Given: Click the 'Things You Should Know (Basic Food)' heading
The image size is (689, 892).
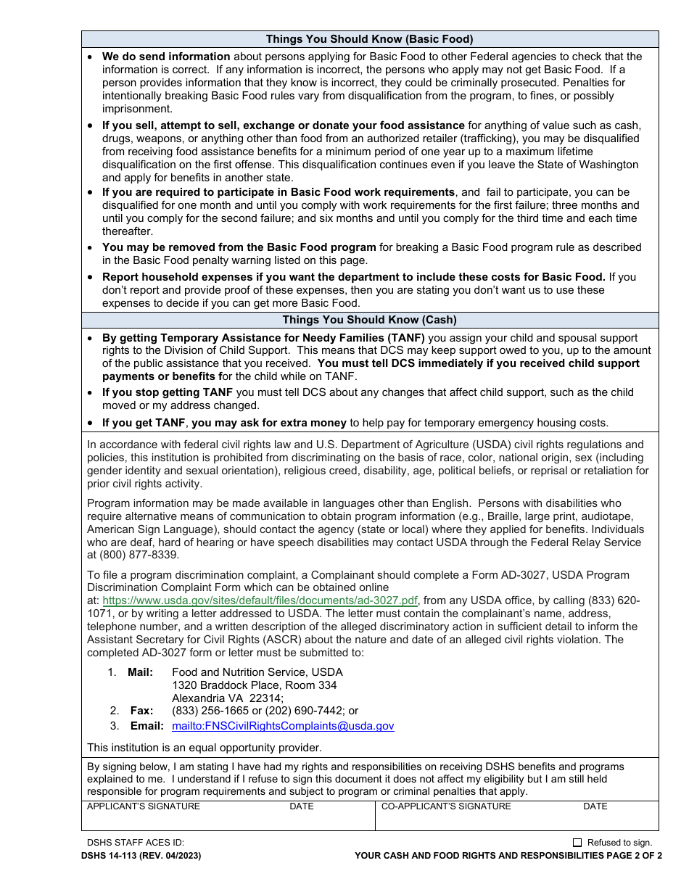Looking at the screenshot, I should tap(369, 39).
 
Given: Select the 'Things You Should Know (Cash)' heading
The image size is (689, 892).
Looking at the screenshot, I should tap(369, 320).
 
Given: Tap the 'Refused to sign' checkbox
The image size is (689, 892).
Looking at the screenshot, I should tap(577, 843).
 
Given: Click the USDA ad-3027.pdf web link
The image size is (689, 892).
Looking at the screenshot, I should tap(260, 600).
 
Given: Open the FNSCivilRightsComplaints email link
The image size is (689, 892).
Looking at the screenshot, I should tap(283, 726).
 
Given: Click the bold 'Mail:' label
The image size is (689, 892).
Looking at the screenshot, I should tap(140, 672).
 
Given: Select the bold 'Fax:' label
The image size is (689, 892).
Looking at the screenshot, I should tap(141, 711).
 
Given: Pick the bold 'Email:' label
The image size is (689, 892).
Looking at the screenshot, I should tap(146, 726).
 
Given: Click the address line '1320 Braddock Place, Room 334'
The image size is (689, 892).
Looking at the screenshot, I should tap(254, 685).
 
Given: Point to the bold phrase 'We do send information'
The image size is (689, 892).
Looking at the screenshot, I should tap(166, 57).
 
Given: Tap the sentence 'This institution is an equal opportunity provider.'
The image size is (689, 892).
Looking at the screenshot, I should tap(204, 747).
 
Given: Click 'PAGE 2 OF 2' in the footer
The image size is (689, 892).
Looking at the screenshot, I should tap(635, 856).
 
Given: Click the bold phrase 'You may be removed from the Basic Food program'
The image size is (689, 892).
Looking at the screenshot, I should tap(239, 247).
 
